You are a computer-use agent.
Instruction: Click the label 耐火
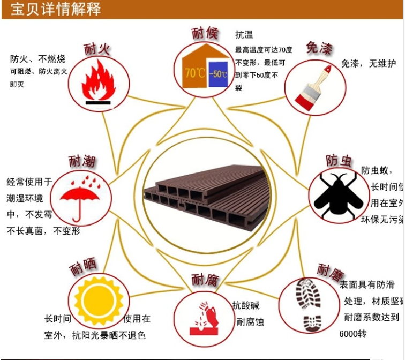coord(97,50)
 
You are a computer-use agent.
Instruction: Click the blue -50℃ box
coord(218,74)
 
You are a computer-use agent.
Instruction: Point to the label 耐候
coord(205,34)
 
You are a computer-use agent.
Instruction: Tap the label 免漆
coord(319,48)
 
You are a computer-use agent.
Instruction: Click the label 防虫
coord(339,161)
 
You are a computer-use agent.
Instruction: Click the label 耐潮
coord(82,161)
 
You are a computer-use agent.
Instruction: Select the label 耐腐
coord(205,280)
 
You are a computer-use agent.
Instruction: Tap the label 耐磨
coord(329,271)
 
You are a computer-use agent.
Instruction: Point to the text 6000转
coord(352,334)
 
